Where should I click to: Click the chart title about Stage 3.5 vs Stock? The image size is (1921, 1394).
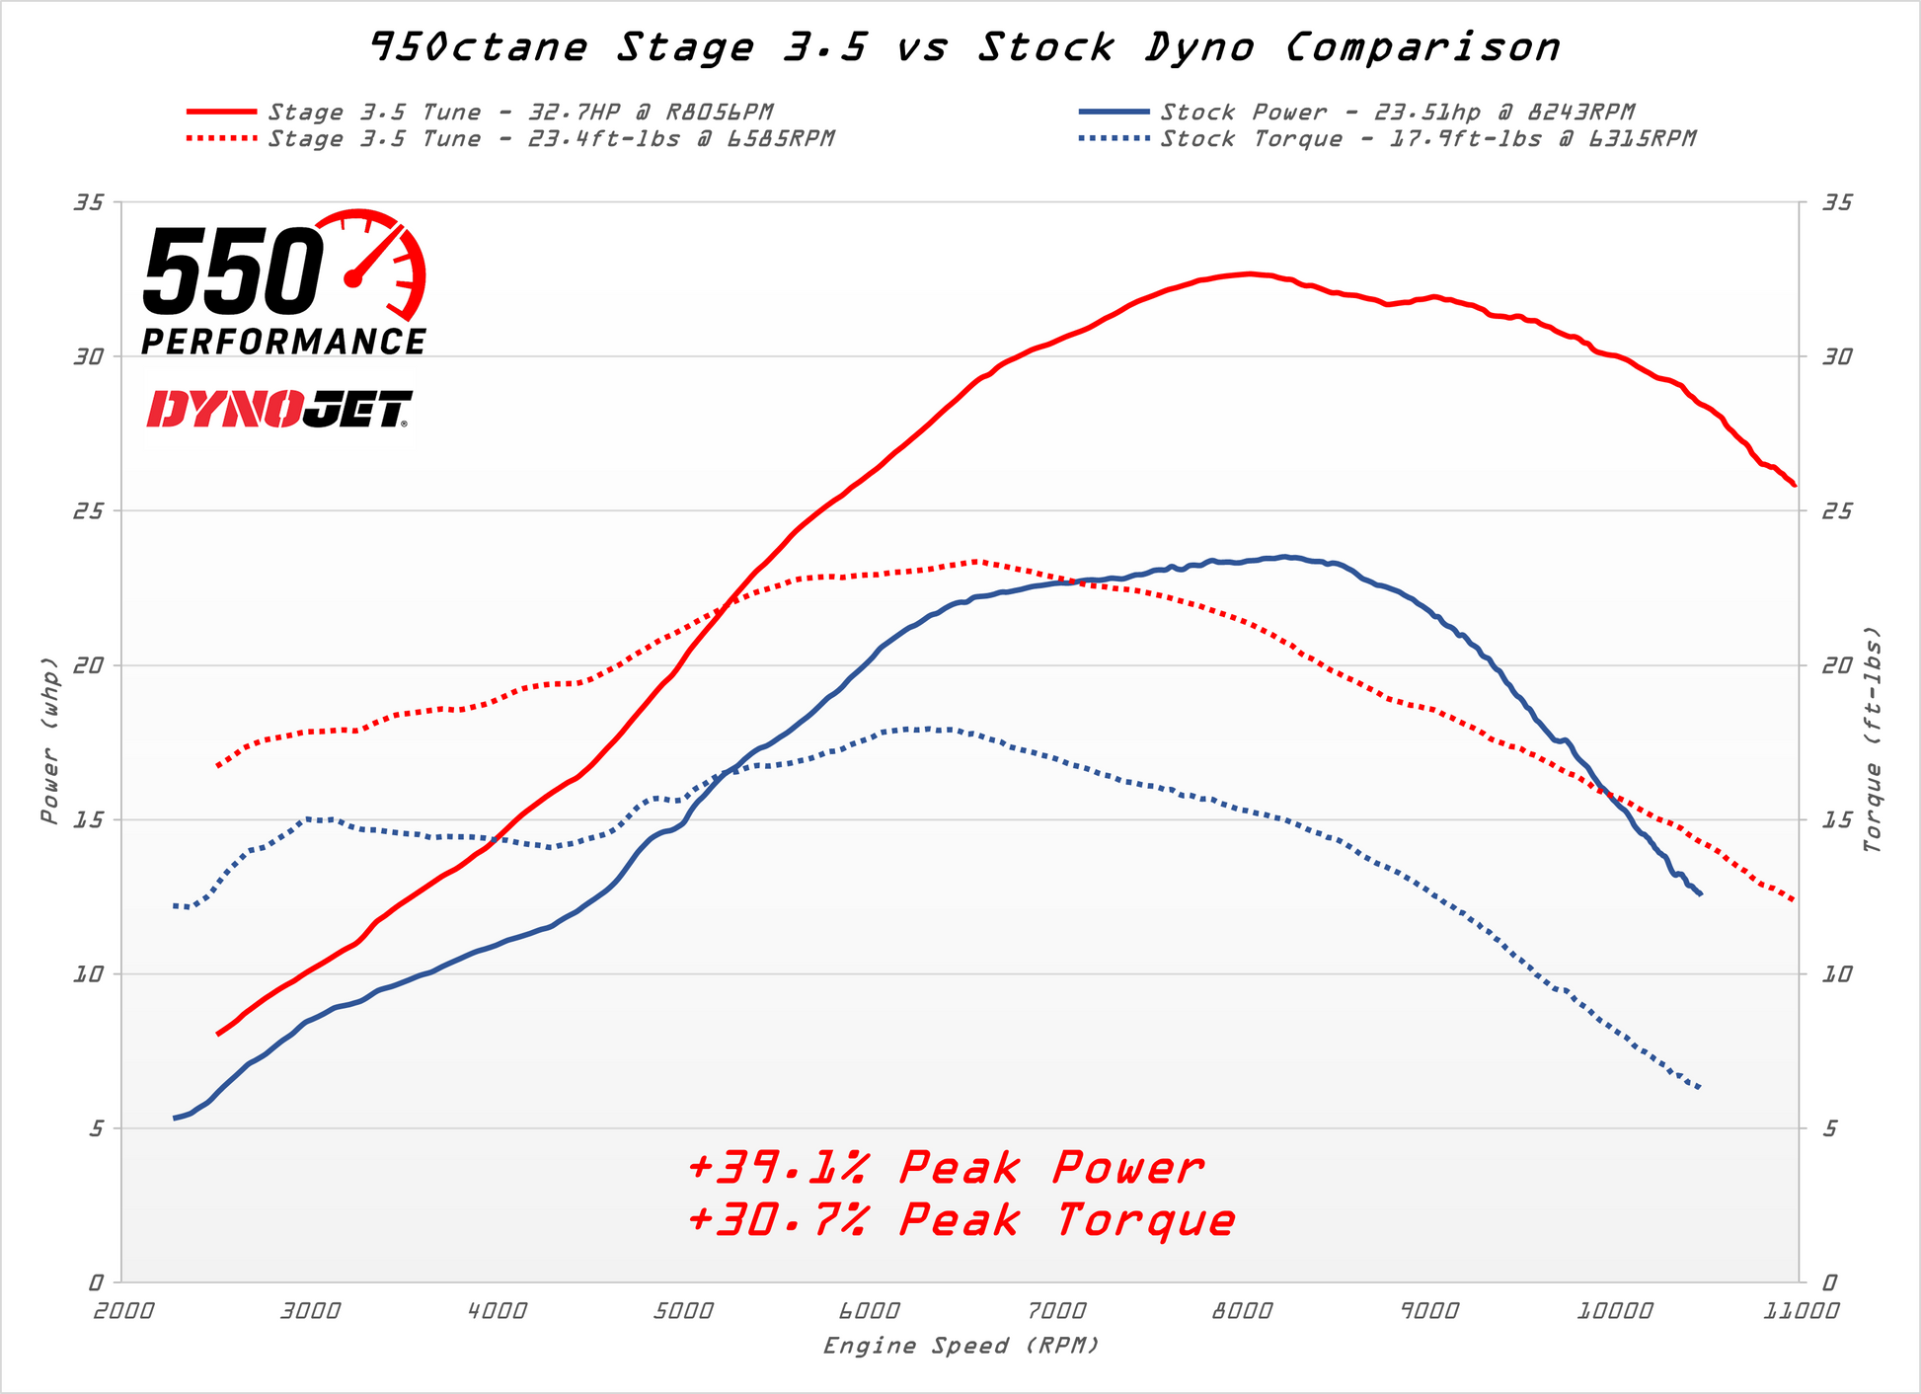[964, 47]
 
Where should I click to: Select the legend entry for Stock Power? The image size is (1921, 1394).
[1398, 113]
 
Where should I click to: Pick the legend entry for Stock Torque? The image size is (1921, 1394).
[1427, 139]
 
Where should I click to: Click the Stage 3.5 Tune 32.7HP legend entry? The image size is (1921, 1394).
[520, 113]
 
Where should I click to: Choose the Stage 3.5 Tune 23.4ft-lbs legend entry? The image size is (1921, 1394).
[551, 139]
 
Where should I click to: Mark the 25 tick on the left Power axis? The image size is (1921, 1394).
[89, 511]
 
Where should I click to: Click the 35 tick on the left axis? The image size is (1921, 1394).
[89, 202]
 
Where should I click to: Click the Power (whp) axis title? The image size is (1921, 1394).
[49, 740]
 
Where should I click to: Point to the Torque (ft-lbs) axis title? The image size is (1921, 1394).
[1873, 740]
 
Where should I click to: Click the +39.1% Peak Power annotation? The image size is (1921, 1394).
[946, 1169]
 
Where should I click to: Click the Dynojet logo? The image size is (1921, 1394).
[279, 409]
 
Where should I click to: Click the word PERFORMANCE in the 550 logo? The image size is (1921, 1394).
[283, 342]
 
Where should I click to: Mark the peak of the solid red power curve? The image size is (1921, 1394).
[1250, 273]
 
